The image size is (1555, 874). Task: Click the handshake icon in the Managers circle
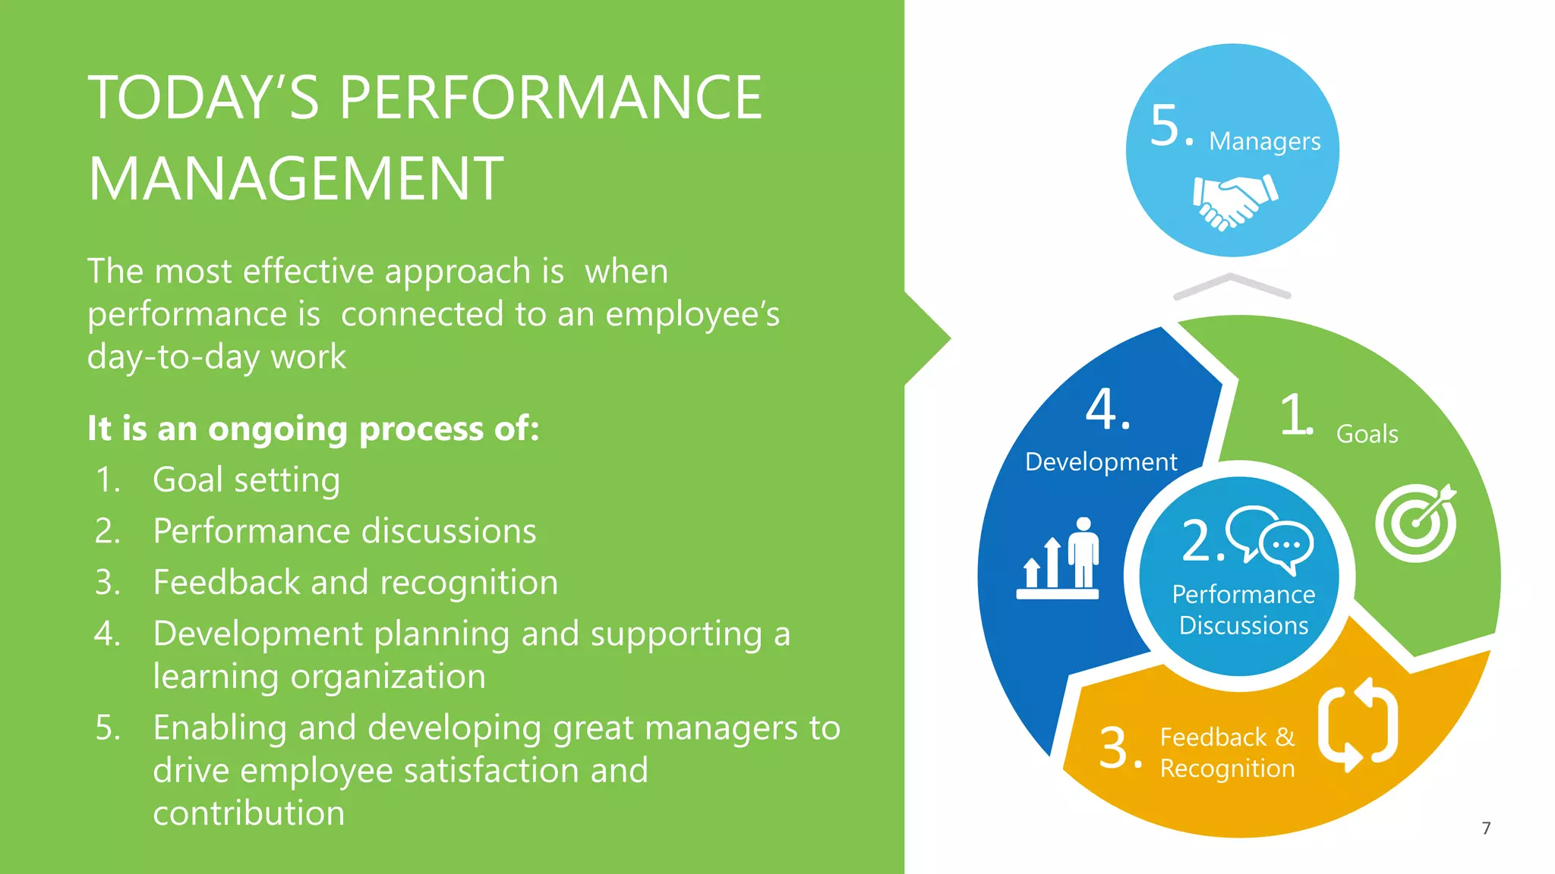click(x=1235, y=200)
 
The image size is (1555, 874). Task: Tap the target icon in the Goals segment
click(x=1415, y=523)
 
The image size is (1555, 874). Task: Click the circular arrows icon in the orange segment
click(x=1358, y=725)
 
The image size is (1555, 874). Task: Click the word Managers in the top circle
click(x=1264, y=141)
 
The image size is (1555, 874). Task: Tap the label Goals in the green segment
click(x=1367, y=434)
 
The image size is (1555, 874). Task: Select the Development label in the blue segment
click(x=1100, y=461)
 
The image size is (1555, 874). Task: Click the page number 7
click(x=1486, y=828)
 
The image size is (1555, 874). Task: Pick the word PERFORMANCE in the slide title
click(x=550, y=98)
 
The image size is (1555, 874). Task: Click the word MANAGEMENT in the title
click(x=295, y=179)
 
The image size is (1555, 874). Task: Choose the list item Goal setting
click(x=246, y=479)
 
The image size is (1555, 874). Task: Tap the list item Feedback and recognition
click(x=355, y=583)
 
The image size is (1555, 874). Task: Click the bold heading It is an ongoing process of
click(x=313, y=429)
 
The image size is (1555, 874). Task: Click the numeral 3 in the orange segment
click(x=1115, y=747)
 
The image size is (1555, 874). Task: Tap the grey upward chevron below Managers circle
click(x=1232, y=286)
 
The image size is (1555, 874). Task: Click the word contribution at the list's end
click(x=249, y=813)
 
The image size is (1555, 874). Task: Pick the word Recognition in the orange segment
click(x=1227, y=769)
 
